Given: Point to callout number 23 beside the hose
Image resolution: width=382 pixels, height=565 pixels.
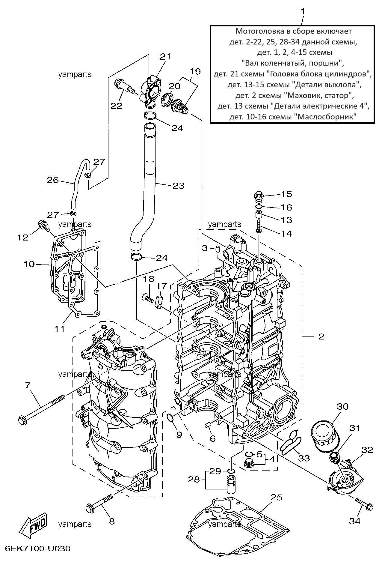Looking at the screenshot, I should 179,186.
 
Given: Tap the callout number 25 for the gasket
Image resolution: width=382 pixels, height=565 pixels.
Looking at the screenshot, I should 277,497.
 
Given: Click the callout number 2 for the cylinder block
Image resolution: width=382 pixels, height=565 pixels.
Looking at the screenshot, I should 321,336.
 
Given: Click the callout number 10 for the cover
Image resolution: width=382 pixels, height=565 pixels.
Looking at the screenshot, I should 29,264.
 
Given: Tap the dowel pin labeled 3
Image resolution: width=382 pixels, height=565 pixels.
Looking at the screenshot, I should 218,249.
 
